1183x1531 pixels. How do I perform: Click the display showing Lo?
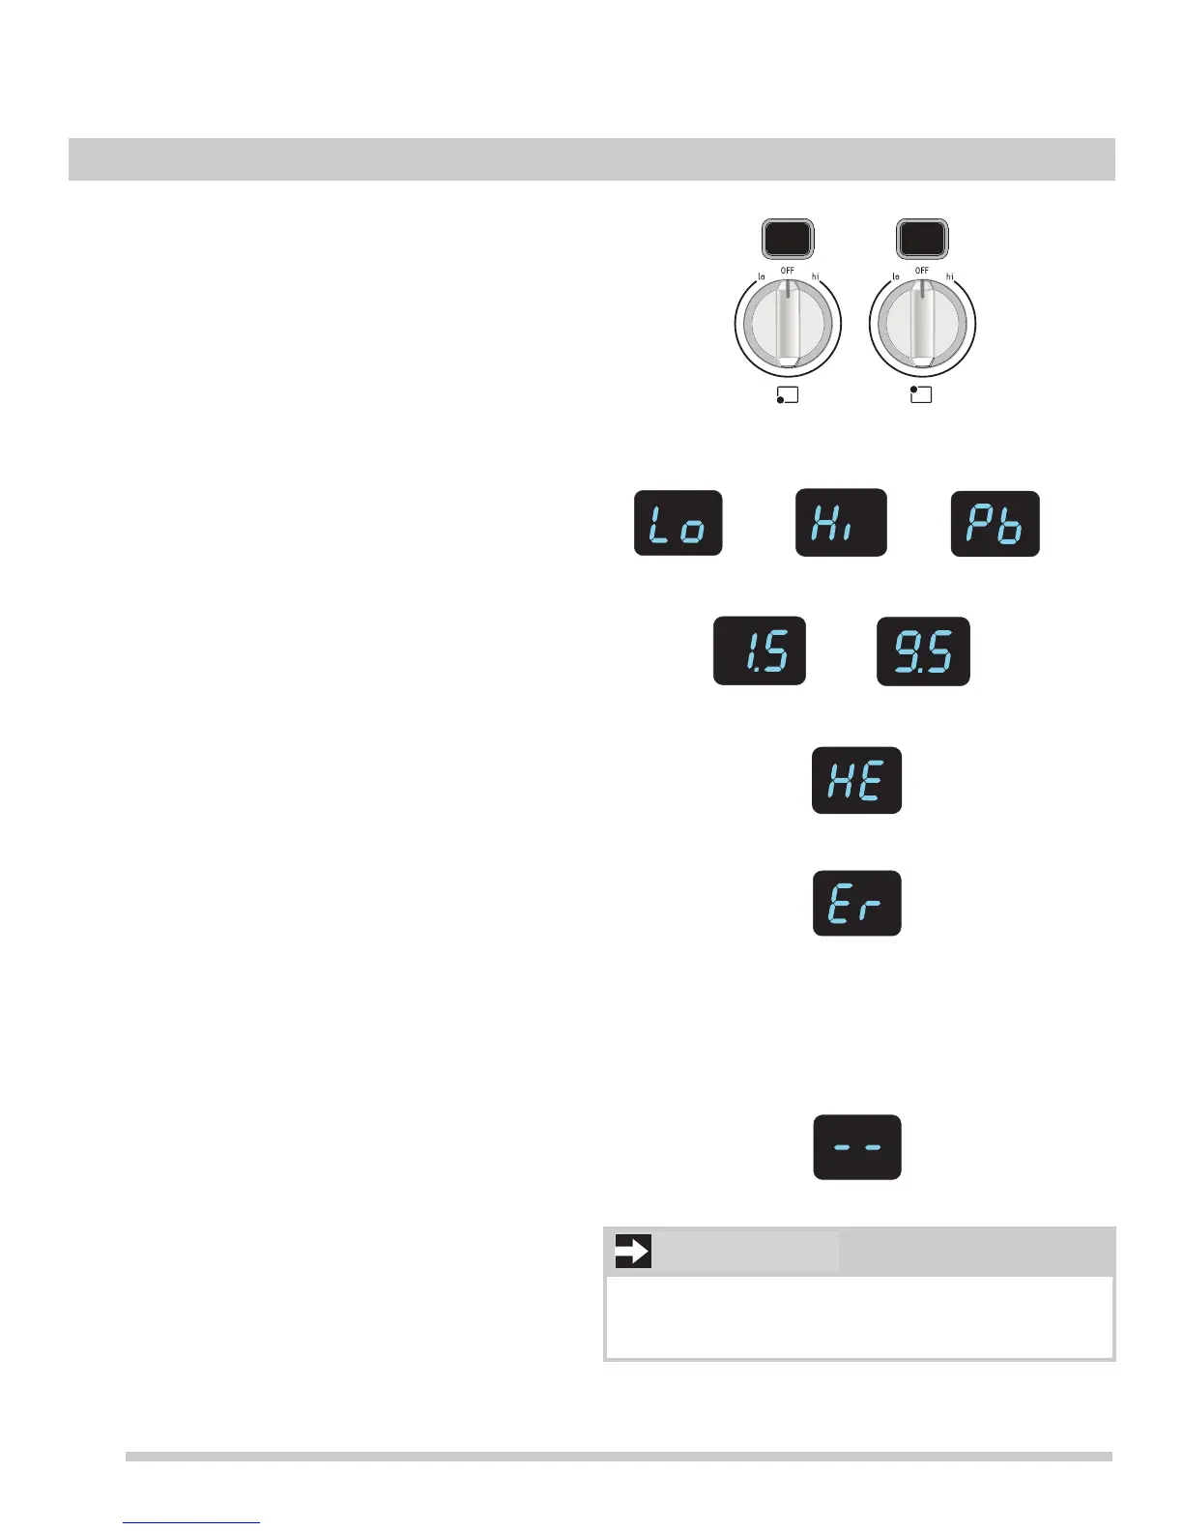pos(678,523)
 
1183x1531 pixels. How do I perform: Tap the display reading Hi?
pos(840,522)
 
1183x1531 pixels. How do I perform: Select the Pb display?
pos(995,524)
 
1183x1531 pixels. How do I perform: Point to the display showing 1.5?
pos(759,650)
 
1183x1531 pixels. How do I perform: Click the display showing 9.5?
pos(922,651)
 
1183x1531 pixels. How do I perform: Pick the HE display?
pos(856,780)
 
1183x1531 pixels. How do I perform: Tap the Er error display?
pos(856,903)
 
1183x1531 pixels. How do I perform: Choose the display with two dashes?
pos(856,1147)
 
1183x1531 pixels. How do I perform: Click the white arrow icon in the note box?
pos(632,1252)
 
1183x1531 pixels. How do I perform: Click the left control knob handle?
pos(788,324)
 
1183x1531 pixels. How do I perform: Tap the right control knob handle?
pos(922,324)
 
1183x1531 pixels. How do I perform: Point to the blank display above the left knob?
pos(788,239)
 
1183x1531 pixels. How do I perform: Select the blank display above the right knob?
pos(922,239)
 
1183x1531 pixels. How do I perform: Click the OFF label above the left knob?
pos(788,271)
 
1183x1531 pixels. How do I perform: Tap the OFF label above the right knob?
pos(922,271)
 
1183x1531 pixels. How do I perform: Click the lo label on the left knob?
pos(761,277)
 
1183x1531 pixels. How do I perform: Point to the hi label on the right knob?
pos(949,277)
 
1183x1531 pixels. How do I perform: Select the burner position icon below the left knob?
pos(787,395)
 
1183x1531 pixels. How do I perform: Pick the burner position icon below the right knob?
pos(921,394)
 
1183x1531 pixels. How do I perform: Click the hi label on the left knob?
pos(815,277)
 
